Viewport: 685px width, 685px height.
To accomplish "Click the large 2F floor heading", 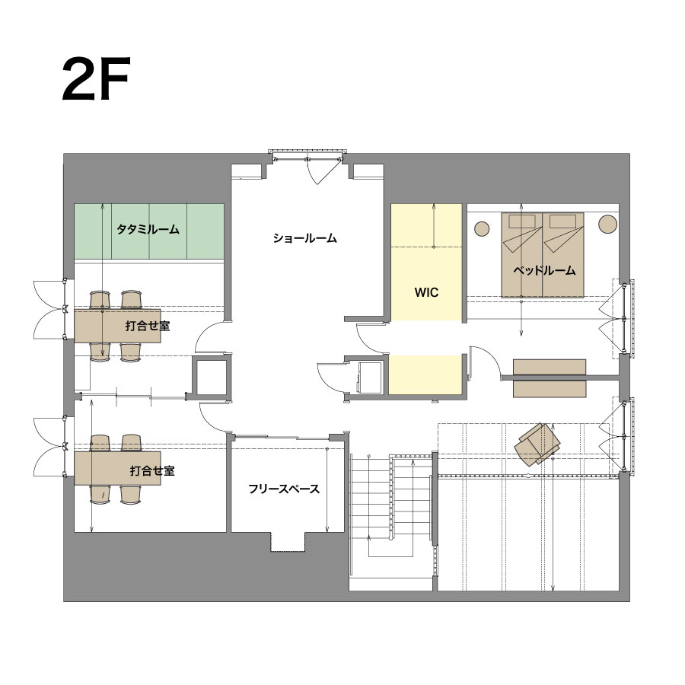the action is (x=96, y=79).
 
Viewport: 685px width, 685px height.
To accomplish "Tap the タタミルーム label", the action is (x=148, y=229).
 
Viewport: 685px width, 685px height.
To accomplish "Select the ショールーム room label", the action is (x=305, y=238).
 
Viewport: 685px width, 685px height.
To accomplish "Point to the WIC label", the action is (x=426, y=292).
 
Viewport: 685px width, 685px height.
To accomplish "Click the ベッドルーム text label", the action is (x=544, y=270).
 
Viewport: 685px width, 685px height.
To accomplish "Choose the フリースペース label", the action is (x=284, y=489).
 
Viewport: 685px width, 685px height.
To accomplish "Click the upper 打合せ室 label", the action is (x=147, y=326).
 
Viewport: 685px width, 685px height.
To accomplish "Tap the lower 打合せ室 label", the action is (x=152, y=470).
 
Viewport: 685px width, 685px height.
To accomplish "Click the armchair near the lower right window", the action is (x=538, y=443).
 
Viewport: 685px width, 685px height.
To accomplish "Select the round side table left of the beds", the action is (x=482, y=228).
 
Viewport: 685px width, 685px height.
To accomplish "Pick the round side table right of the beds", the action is (x=607, y=224).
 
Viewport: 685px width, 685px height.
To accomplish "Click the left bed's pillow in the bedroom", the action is (x=522, y=221).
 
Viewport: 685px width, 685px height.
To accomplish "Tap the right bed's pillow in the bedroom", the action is (x=563, y=221).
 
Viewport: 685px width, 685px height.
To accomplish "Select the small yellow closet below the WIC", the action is (x=425, y=374).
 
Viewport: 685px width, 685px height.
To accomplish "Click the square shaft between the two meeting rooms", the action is (x=211, y=377).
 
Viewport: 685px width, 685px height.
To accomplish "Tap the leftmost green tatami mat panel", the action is (x=93, y=231).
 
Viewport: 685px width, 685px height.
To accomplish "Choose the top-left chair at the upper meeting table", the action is (x=100, y=300).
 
